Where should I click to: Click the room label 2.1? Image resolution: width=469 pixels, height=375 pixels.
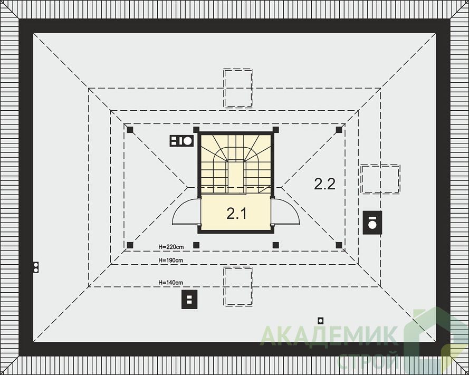tap(236, 214)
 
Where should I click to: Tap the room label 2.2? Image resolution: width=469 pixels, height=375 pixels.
tap(324, 184)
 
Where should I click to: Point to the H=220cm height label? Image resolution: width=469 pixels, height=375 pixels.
tap(171, 247)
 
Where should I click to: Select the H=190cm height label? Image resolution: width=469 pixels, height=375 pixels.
tap(171, 261)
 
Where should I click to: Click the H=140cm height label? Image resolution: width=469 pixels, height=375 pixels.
tap(171, 282)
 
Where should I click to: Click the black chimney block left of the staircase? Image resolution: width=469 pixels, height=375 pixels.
tap(181, 140)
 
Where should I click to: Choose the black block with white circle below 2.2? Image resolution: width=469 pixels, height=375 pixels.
tap(372, 223)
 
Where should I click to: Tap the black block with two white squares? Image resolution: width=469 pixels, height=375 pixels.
tap(189, 300)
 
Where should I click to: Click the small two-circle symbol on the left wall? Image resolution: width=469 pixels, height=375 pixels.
tap(36, 267)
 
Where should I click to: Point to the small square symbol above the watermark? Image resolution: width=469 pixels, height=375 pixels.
tap(321, 321)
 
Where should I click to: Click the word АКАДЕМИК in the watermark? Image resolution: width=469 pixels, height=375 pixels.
tap(329, 336)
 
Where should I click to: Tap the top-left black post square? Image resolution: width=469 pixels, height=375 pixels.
tap(130, 130)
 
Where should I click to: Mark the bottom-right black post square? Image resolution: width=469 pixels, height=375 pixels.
tap(339, 245)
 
